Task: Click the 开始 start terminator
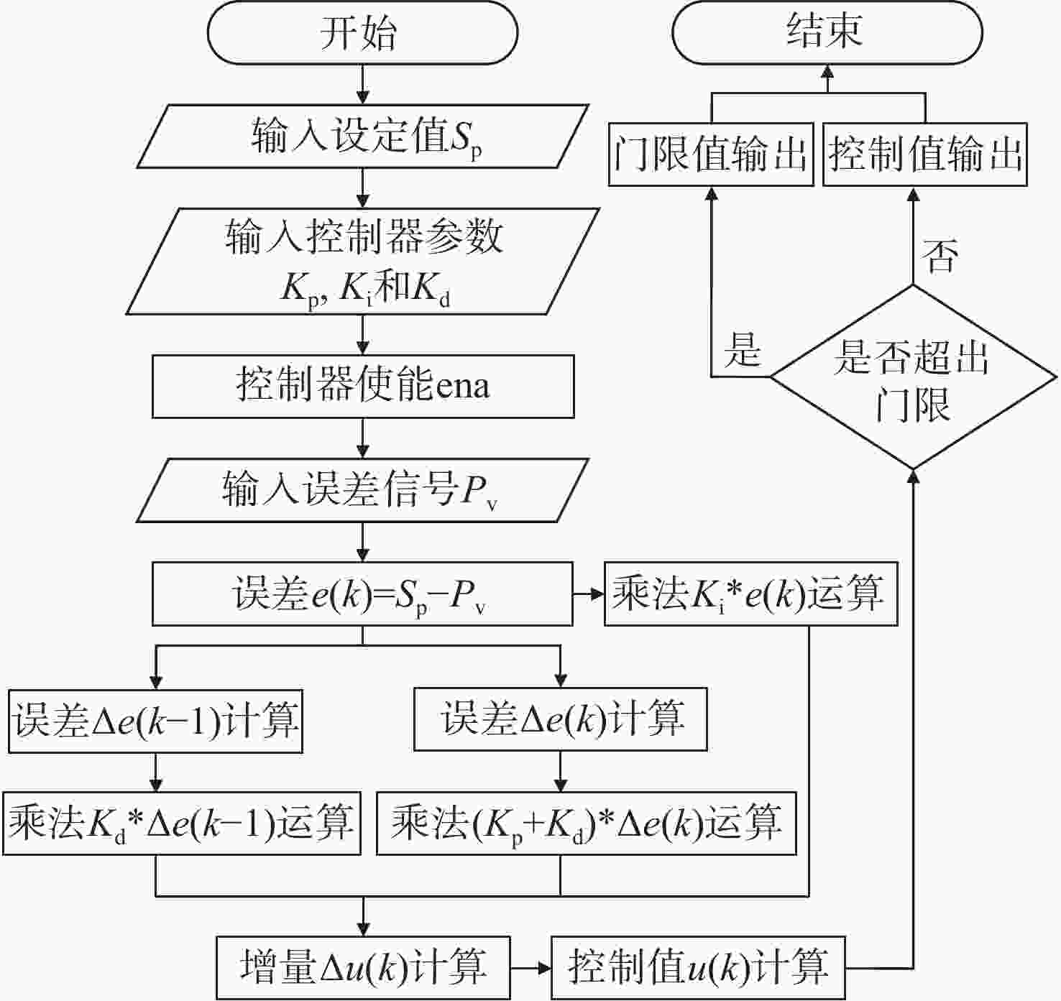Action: point(362,32)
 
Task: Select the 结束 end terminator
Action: point(827,32)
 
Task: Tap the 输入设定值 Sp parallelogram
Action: point(363,137)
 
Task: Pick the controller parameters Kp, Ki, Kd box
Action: point(363,261)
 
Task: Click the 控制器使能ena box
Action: point(363,386)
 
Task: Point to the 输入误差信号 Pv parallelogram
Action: point(363,490)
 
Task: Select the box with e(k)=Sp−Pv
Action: point(362,594)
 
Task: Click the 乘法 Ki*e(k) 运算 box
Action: point(751,594)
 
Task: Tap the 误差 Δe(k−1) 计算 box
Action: point(155,721)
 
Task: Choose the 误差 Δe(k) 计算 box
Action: point(561,719)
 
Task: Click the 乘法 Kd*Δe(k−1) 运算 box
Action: point(182,823)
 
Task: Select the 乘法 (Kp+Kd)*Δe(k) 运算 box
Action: point(587,823)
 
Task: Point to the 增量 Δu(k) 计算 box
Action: point(363,967)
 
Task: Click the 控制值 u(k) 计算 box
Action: point(698,967)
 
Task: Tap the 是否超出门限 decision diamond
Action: point(913,377)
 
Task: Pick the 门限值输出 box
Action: point(711,154)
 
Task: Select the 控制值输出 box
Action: point(924,154)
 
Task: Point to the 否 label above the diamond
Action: point(940,257)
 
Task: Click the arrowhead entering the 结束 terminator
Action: point(827,72)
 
